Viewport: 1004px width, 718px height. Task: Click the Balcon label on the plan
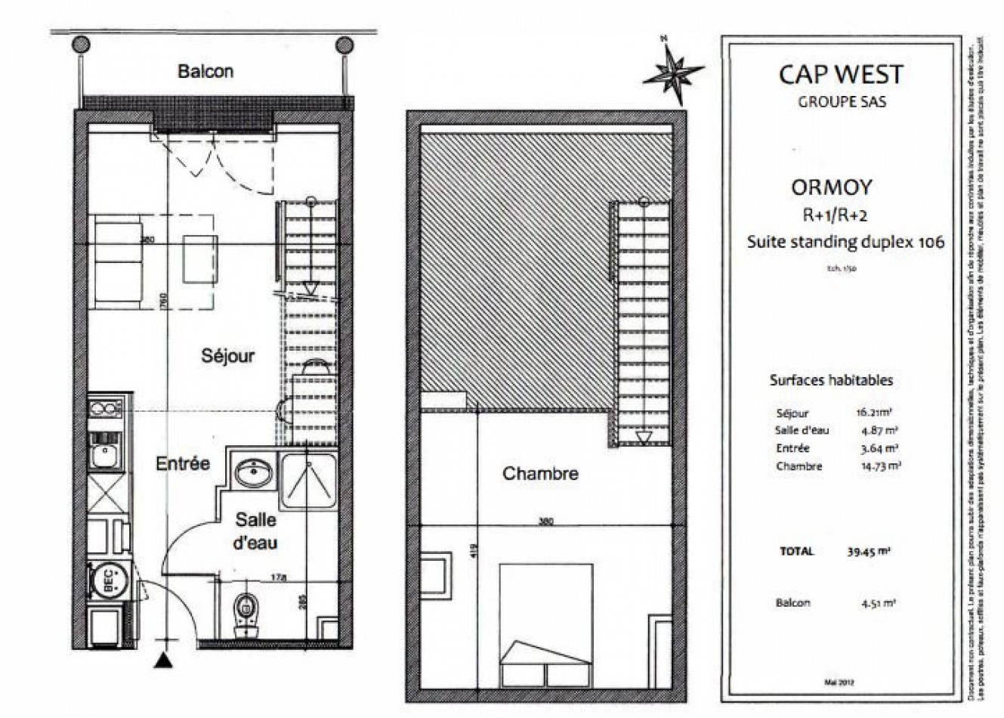(205, 71)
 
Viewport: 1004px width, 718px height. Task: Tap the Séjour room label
(227, 355)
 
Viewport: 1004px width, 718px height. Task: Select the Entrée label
(183, 463)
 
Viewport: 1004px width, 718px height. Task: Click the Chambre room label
(540, 474)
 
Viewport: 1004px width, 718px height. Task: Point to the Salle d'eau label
(255, 531)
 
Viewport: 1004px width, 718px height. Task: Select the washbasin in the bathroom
(254, 473)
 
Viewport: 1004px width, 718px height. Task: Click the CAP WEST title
(841, 75)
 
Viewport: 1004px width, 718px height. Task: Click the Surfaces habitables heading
(831, 381)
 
